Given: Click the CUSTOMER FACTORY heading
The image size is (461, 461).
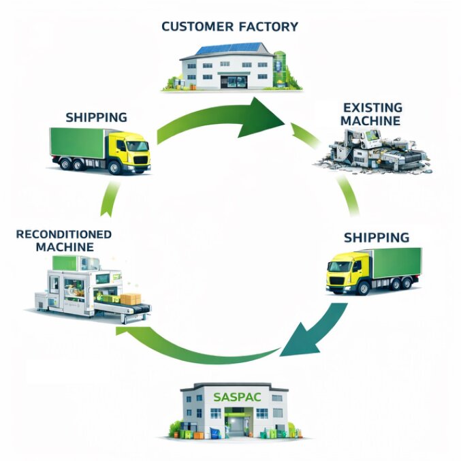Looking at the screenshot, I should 229,27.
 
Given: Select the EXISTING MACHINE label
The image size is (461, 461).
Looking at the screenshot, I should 372,114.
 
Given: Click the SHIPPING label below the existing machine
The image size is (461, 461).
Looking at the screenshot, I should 377,238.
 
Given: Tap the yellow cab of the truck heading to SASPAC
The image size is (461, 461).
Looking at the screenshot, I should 343,271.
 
